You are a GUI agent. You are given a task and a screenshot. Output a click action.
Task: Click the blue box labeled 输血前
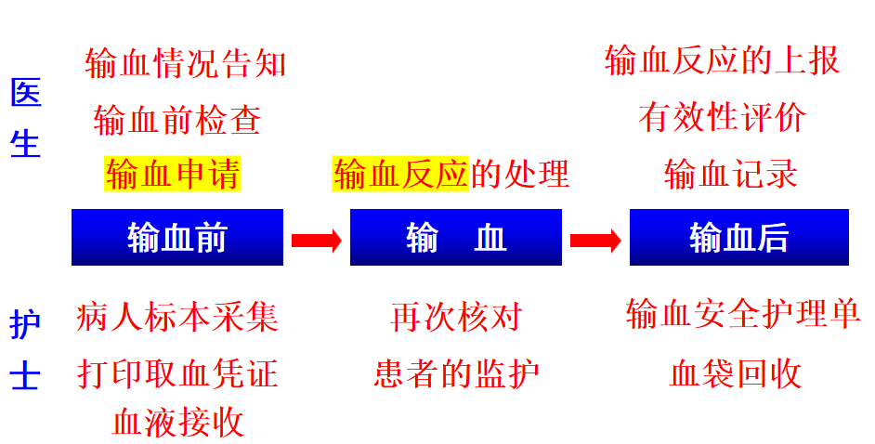tap(176, 238)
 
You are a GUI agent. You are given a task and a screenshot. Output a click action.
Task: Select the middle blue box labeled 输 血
tap(455, 238)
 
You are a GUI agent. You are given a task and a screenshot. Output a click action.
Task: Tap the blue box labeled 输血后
tap(738, 238)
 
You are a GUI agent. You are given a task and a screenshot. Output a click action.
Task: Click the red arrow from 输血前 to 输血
tap(316, 241)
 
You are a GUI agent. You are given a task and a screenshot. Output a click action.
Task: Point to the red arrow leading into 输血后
tap(595, 241)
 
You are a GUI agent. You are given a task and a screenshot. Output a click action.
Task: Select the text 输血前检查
tap(177, 120)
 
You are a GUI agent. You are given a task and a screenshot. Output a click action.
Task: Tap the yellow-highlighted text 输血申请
tap(173, 174)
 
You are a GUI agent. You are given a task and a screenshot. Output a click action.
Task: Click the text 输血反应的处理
tap(451, 174)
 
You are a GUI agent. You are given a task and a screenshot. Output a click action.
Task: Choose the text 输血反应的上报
tap(722, 60)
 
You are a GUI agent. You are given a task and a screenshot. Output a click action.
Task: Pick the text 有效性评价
tap(722, 118)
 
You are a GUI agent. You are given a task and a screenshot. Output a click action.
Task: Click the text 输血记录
tap(731, 174)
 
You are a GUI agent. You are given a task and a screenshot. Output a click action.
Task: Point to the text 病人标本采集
tap(177, 318)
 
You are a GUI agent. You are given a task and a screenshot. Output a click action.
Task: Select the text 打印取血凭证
tap(177, 373)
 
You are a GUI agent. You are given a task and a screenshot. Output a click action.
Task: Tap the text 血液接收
tap(177, 422)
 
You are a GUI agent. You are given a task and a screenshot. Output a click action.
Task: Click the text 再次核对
tap(456, 318)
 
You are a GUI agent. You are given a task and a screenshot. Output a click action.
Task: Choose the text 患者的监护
tap(456, 373)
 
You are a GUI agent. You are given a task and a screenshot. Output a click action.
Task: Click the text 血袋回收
tap(735, 373)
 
